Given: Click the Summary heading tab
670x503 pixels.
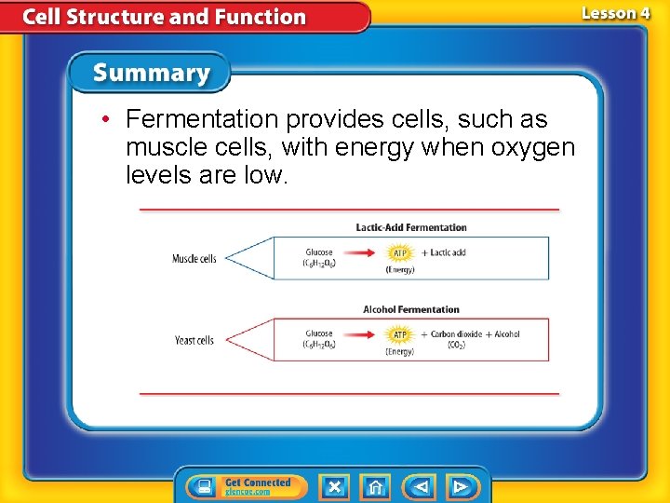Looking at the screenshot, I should tap(150, 73).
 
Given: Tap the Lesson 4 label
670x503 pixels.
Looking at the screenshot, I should tap(615, 14).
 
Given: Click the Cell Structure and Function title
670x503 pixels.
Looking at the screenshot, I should tap(164, 17).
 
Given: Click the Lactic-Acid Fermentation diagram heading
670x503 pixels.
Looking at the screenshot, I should tap(411, 227).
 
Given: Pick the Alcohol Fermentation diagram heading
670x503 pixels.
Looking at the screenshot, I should tap(411, 309).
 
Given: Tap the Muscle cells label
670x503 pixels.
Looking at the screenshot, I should tap(194, 258).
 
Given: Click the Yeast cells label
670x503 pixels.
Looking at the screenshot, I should tap(194, 340).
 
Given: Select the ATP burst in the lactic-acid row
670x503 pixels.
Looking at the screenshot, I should tap(398, 252).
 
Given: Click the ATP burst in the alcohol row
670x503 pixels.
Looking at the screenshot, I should tap(399, 334).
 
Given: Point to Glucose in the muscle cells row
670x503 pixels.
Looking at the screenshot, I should tap(319, 252).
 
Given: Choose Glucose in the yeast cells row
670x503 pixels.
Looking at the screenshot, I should tap(319, 333).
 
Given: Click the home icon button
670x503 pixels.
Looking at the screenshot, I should tap(375, 486).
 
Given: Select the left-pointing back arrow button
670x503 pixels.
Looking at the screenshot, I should tap(421, 486).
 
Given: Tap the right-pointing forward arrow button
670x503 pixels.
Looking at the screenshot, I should tap(461, 486).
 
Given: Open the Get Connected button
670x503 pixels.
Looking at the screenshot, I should tap(240, 486).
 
